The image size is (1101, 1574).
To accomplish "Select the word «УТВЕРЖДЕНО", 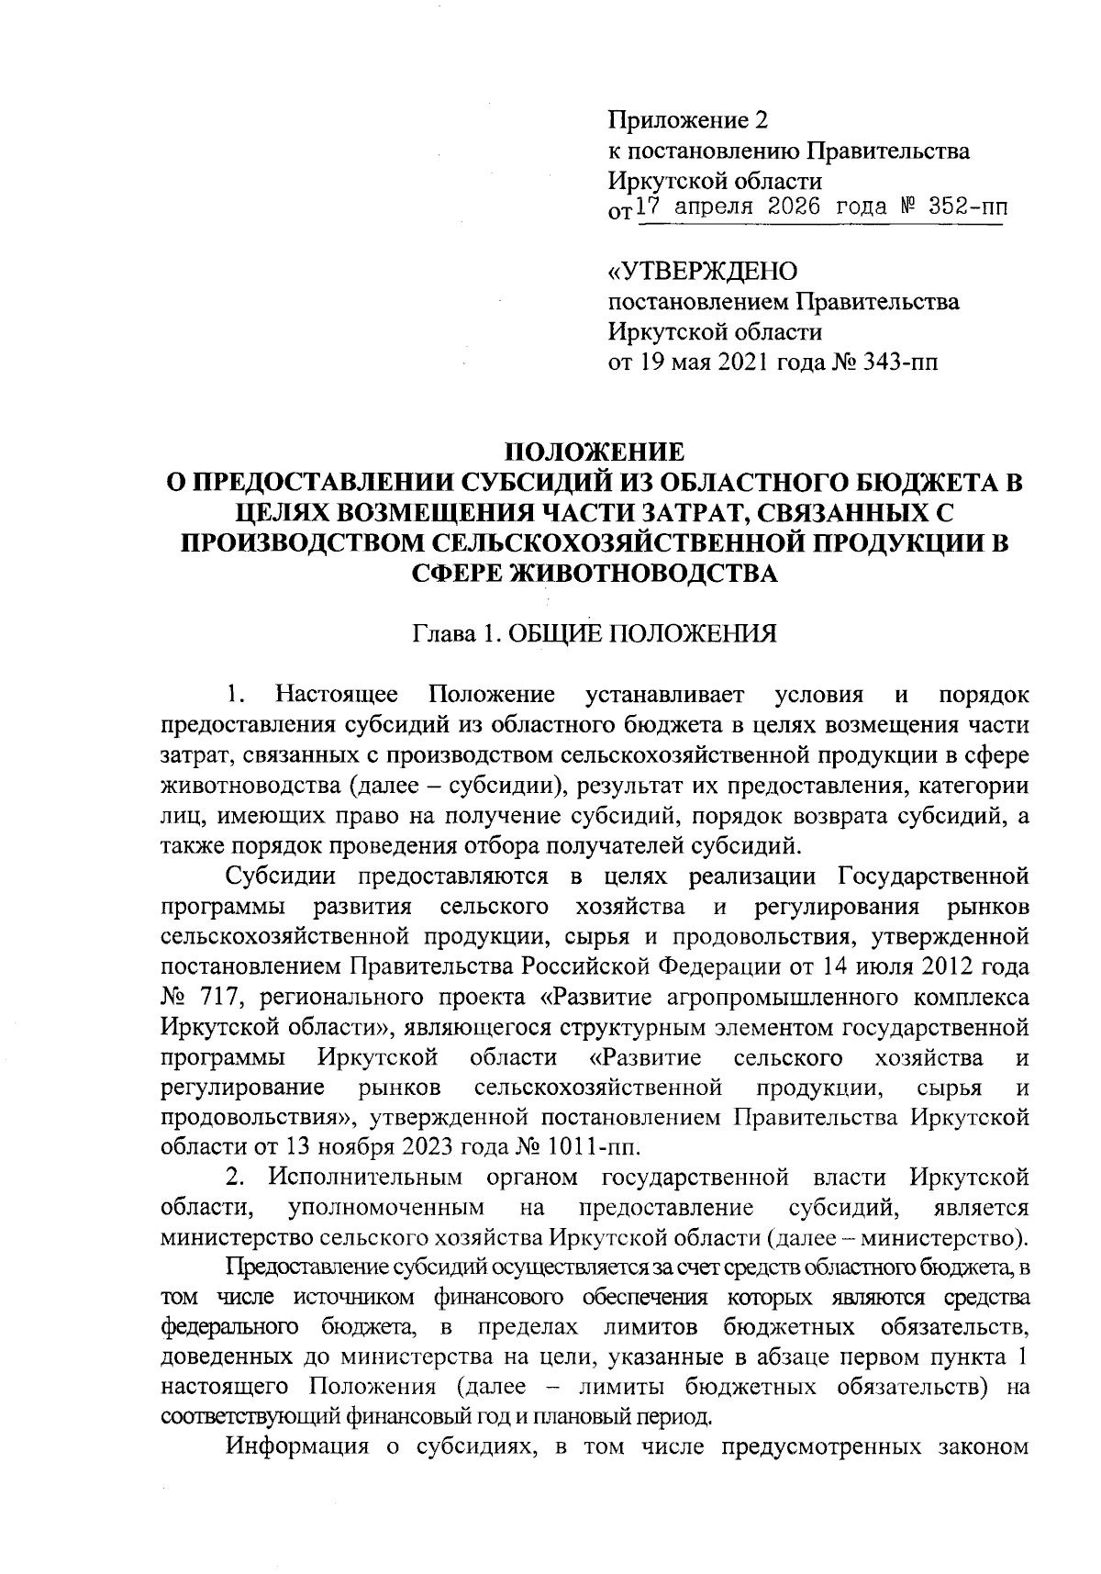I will coord(703,272).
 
